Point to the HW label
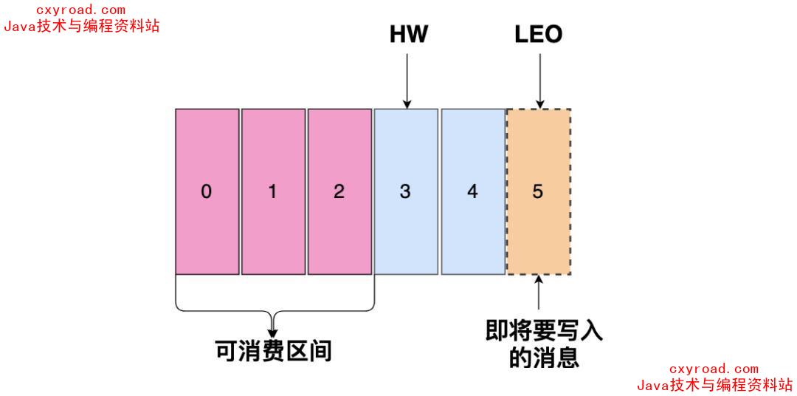tap(408, 34)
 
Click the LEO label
tap(539, 34)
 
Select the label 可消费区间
tap(274, 350)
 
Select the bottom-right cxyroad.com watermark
tap(714, 369)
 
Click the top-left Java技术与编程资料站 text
tap(81, 26)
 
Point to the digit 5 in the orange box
tap(538, 191)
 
